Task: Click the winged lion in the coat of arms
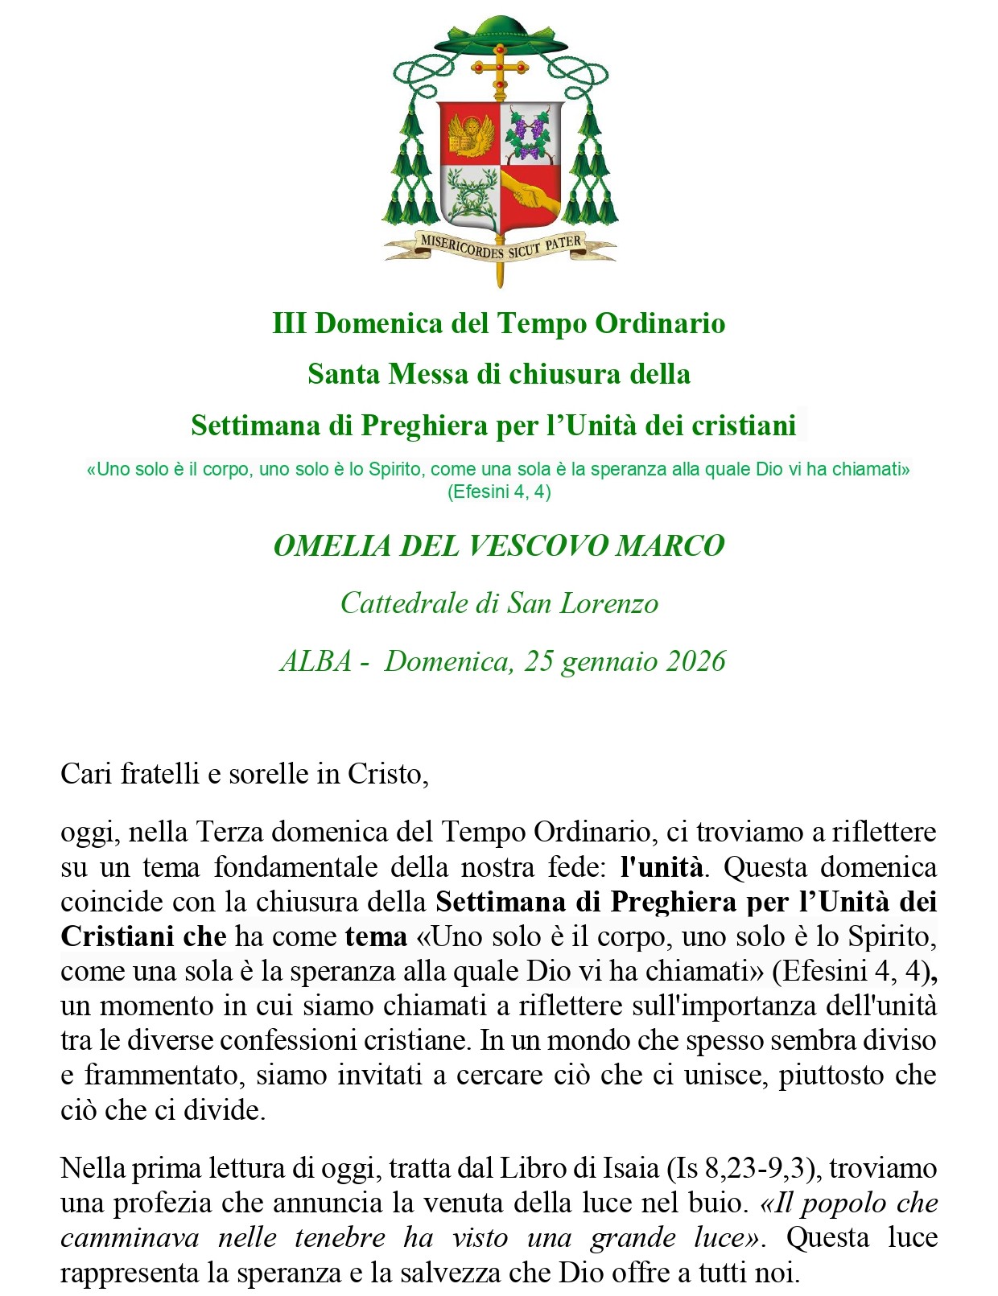469,134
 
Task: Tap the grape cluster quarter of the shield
530,134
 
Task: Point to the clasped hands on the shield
530,195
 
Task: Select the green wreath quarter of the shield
470,195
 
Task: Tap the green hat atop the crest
500,34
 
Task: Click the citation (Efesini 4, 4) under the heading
499,492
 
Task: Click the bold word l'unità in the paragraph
662,867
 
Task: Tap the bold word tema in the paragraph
376,936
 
